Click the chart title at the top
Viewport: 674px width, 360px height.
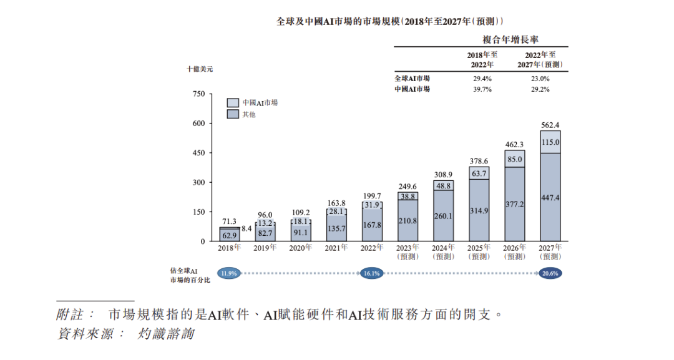pos(390,21)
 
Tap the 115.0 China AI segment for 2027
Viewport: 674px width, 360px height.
pos(550,142)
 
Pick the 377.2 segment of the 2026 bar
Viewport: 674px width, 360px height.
pos(514,204)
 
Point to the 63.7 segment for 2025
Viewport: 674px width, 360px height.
pos(479,173)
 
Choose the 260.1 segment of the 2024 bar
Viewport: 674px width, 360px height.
pos(443,216)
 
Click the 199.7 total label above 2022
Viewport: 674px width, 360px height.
pos(372,196)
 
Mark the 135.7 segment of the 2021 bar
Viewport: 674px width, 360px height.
pos(336,229)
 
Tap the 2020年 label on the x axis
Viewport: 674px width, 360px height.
pos(301,248)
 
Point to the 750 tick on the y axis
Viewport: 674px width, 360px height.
pos(198,94)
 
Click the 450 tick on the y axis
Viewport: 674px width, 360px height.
pos(198,153)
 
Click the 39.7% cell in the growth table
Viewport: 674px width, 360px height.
pos(482,89)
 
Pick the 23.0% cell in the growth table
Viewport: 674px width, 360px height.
pos(540,79)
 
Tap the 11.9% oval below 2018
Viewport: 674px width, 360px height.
pos(229,273)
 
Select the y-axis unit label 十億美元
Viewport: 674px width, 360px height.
pos(200,69)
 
